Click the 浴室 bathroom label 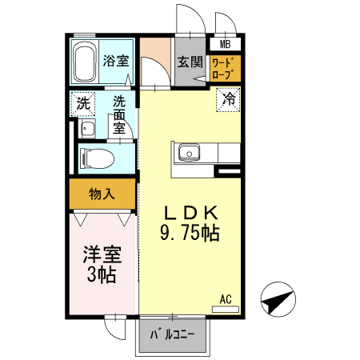[x=117, y=60]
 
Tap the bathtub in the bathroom [x=85, y=62]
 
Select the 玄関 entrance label [x=190, y=61]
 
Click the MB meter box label [x=226, y=45]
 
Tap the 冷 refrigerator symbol [x=230, y=100]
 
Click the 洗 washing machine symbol [x=82, y=102]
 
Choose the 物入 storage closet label [x=101, y=193]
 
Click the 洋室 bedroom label [x=102, y=256]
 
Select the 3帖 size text [x=102, y=276]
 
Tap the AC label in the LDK [x=226, y=300]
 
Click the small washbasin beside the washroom [x=87, y=130]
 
